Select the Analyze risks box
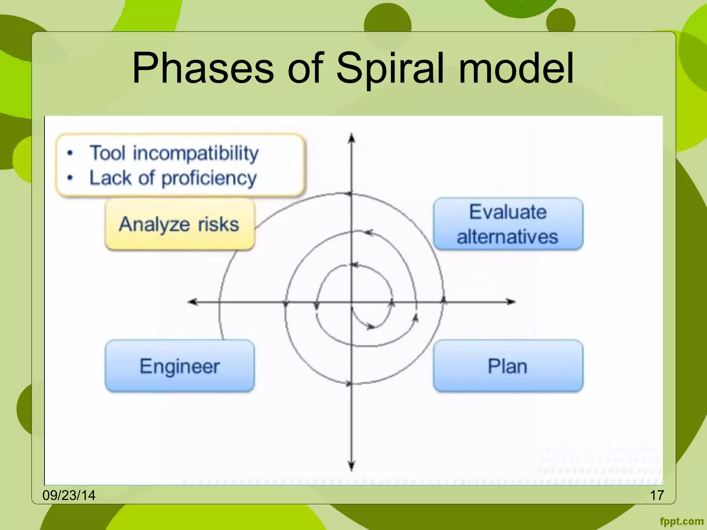pyautogui.click(x=180, y=224)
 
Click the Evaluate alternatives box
pyautogui.click(x=508, y=224)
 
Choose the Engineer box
pyautogui.click(x=180, y=366)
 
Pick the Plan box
pyautogui.click(x=508, y=366)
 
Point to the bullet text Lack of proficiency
pyautogui.click(x=173, y=178)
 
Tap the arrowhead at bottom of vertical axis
pyautogui.click(x=351, y=467)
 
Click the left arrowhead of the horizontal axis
pyautogui.click(x=192, y=302)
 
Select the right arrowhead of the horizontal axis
pyautogui.click(x=511, y=302)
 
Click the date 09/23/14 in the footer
pyautogui.click(x=69, y=495)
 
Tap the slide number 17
pyautogui.click(x=657, y=495)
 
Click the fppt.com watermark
pyautogui.click(x=681, y=521)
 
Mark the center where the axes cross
pyautogui.click(x=351, y=302)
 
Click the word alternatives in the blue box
pyautogui.click(x=507, y=237)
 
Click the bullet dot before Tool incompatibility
pyautogui.click(x=70, y=153)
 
